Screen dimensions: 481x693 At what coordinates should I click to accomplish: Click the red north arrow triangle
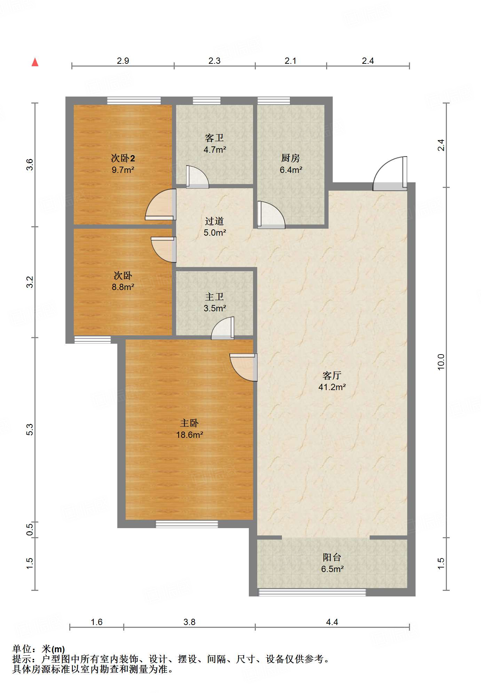(35, 62)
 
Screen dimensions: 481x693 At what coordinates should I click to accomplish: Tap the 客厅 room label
(332, 375)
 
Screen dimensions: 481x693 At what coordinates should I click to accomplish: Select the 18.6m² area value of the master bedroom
(189, 435)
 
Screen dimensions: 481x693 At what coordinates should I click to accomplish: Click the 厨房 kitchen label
(291, 158)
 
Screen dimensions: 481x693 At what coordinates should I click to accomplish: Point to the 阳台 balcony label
(332, 557)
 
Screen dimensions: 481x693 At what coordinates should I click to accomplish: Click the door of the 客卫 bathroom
(197, 177)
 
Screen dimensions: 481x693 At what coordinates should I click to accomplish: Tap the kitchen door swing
(271, 215)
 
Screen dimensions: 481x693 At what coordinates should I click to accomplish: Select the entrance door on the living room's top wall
(390, 174)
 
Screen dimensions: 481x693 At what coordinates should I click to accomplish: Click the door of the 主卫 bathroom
(223, 328)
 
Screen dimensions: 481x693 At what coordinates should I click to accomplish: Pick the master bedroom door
(243, 367)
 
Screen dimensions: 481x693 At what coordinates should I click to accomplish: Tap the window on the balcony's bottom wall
(312, 592)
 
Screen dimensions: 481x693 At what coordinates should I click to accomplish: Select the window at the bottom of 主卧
(187, 524)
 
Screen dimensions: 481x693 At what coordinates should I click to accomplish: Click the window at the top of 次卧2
(134, 101)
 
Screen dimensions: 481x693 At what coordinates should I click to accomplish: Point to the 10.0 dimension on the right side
(441, 361)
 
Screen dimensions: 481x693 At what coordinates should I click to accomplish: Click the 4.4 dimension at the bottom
(332, 622)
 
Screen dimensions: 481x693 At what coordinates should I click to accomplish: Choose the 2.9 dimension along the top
(123, 61)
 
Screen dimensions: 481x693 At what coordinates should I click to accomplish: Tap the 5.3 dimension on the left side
(30, 429)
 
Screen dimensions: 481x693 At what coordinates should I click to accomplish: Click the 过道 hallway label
(214, 221)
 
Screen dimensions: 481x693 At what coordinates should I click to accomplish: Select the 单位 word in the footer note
(22, 649)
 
